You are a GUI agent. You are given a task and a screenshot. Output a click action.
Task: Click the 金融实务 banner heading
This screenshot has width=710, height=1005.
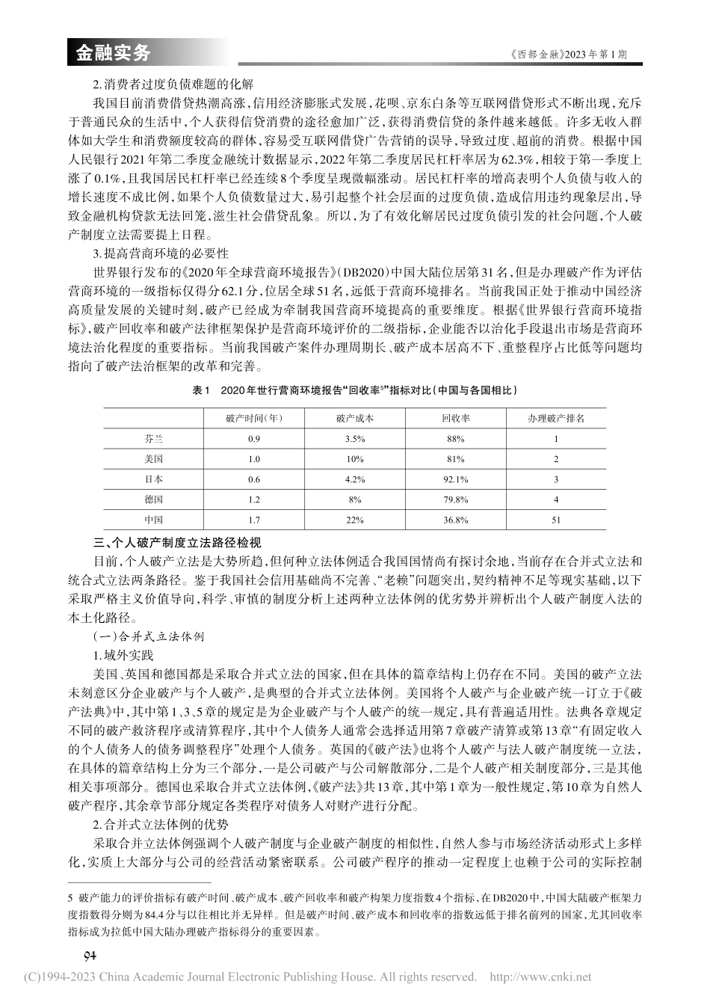[114, 53]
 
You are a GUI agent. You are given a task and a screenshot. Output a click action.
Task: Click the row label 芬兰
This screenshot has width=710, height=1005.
[154, 439]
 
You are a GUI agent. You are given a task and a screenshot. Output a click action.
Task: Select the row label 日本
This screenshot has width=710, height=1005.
[154, 479]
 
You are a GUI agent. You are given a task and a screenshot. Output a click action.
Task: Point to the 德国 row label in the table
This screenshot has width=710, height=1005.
[154, 499]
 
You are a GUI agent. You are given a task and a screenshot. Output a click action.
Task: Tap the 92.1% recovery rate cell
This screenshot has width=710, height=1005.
[455, 479]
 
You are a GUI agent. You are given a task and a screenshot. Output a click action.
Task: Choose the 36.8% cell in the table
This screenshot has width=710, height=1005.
[455, 519]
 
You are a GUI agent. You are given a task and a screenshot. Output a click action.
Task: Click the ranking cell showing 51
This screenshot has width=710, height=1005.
[556, 519]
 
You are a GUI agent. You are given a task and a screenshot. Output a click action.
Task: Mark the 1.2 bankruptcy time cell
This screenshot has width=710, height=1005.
[253, 499]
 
